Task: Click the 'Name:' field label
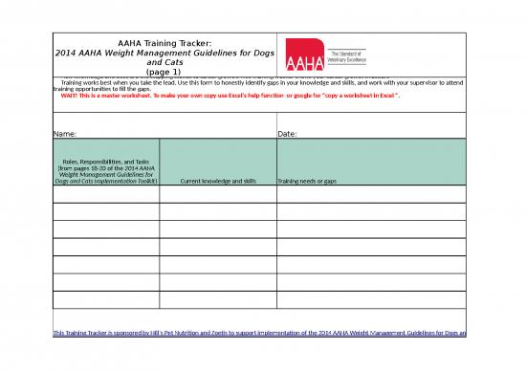click(x=65, y=133)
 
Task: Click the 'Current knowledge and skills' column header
click(x=217, y=180)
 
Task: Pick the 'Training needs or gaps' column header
click(x=307, y=180)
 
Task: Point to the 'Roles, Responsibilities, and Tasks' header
click(x=106, y=163)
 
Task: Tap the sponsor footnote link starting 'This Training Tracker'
click(x=258, y=332)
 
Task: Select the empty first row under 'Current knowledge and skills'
click(x=217, y=195)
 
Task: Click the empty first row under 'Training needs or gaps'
click(x=370, y=195)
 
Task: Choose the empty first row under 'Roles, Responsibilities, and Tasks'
click(x=106, y=195)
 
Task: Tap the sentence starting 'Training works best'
click(x=191, y=83)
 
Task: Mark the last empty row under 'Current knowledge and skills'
click(x=217, y=299)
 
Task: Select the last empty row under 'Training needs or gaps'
click(x=370, y=299)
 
